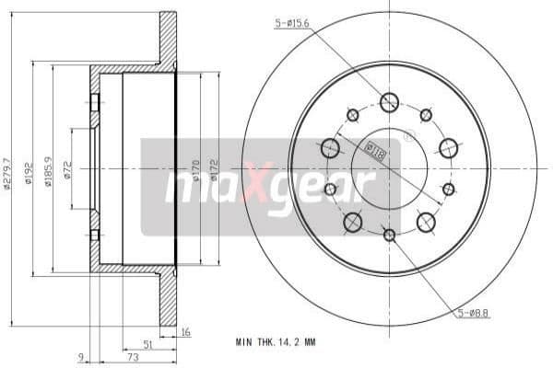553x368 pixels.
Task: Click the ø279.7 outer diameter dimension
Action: click(8, 170)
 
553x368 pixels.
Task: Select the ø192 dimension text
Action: click(29, 170)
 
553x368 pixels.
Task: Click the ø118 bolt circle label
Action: click(375, 150)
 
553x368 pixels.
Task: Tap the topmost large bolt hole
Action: click(389, 102)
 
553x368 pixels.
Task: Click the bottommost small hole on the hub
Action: click(389, 236)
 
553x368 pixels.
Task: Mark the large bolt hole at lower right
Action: click(426, 222)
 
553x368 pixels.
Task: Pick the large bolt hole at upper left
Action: click(330, 147)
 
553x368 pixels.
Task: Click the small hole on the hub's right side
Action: click(449, 190)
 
